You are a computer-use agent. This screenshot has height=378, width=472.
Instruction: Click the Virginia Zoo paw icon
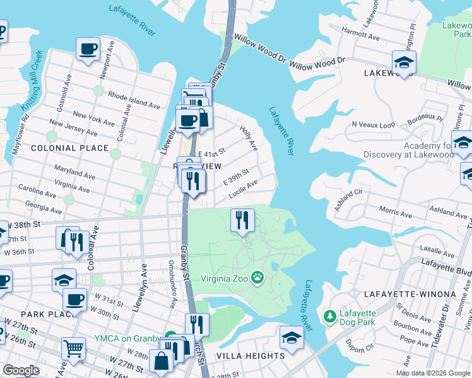(257, 277)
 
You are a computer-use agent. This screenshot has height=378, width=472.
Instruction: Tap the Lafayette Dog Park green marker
(328, 314)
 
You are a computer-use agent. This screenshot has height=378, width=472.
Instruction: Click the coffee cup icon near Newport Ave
(88, 49)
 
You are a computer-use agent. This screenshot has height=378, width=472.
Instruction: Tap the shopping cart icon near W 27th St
(74, 348)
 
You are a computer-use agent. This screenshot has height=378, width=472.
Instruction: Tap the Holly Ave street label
(249, 137)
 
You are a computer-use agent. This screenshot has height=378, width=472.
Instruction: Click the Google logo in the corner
(21, 370)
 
